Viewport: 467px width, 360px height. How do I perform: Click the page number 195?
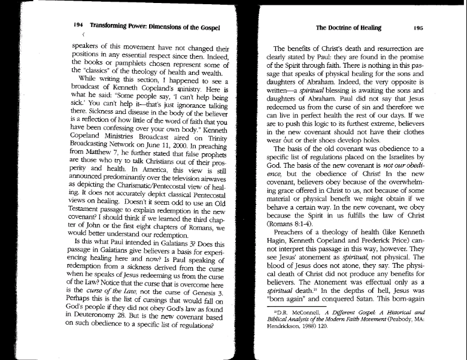point(418,28)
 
